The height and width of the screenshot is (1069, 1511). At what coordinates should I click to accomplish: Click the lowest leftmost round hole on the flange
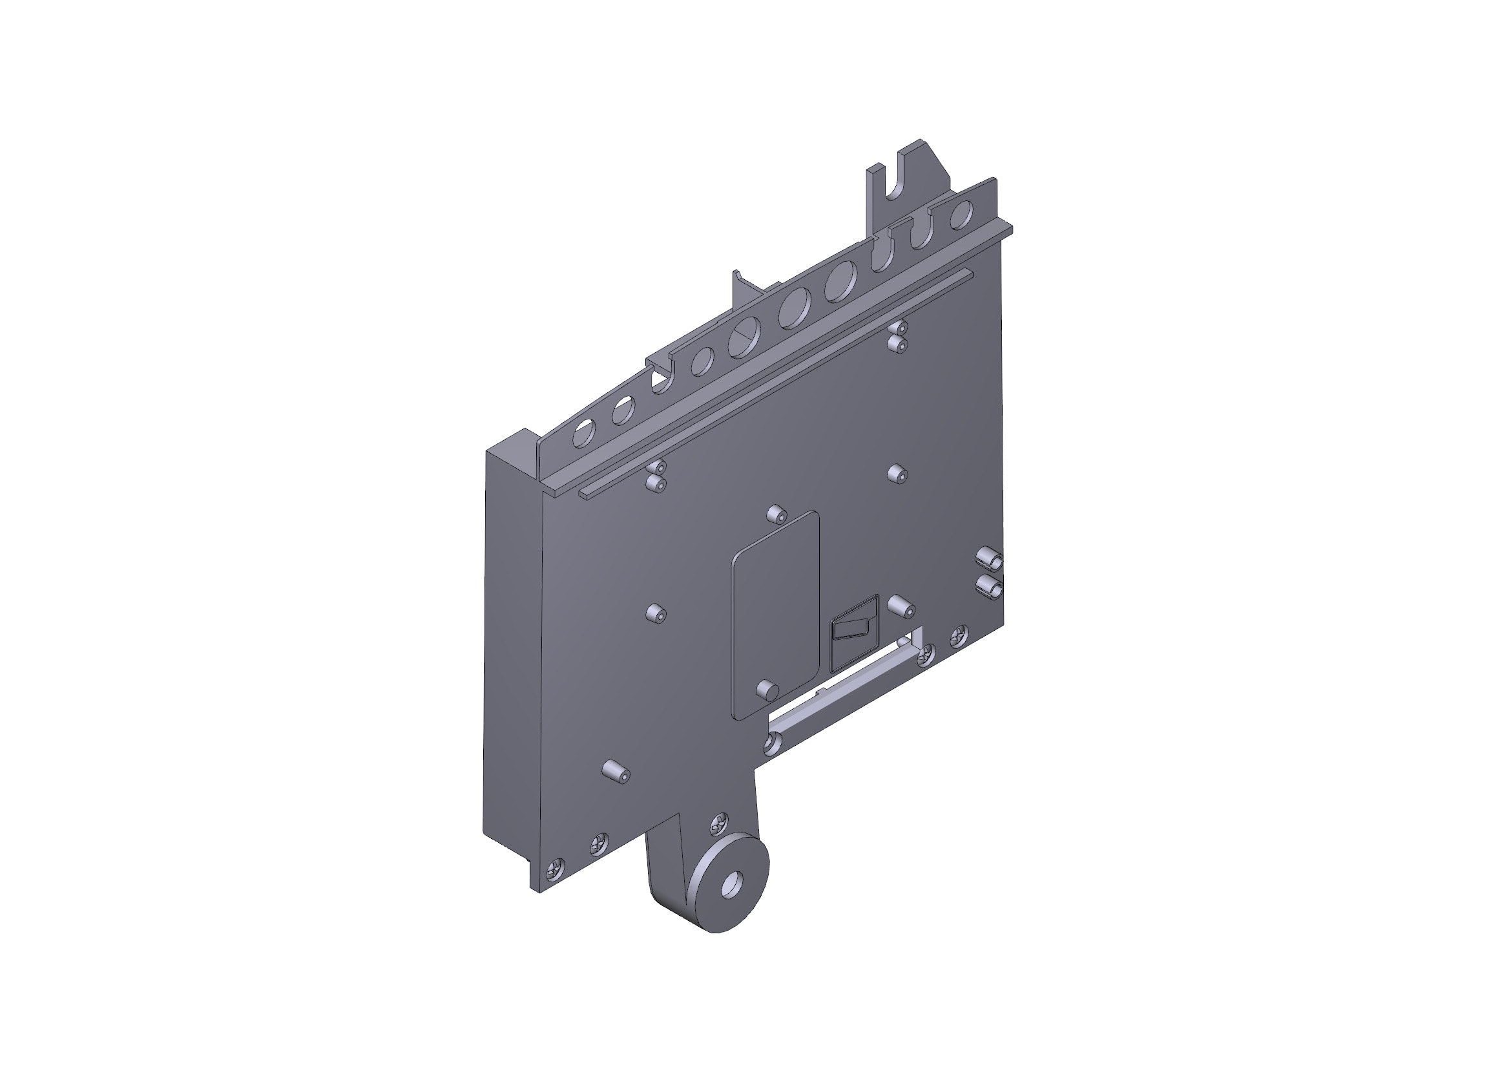583,435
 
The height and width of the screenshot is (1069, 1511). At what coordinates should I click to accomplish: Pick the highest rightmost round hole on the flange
961,214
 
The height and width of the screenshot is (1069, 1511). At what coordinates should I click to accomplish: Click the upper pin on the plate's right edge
989,558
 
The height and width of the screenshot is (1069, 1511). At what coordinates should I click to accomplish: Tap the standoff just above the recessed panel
776,514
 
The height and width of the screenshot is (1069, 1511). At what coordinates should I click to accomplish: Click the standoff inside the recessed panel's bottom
767,689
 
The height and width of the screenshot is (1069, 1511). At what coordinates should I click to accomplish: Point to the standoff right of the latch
901,606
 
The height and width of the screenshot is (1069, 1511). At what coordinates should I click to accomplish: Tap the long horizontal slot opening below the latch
842,691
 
